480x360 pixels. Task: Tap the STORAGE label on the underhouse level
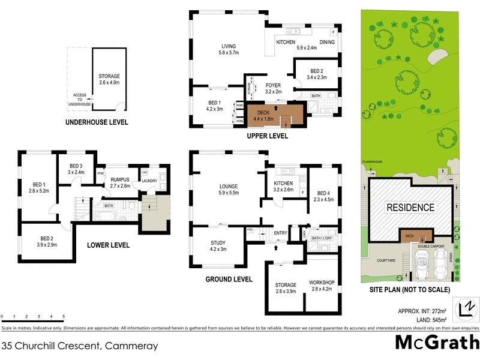point(109,76)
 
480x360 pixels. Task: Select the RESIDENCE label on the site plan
point(410,208)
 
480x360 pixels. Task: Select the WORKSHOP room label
point(321,282)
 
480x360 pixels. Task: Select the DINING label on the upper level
point(326,42)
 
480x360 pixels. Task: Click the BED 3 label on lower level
point(75,166)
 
